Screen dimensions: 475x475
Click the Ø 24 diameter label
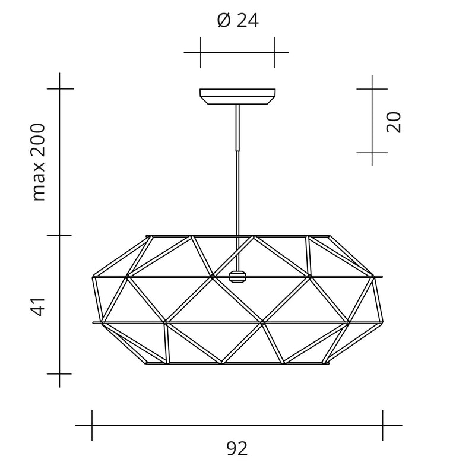click(238, 21)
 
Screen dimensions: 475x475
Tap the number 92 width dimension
click(237, 449)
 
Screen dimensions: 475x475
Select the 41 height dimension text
click(39, 307)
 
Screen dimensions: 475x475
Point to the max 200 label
click(39, 162)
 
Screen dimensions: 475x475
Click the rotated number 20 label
click(394, 122)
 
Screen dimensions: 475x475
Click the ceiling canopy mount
click(237, 96)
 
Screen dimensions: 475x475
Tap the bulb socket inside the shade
click(237, 277)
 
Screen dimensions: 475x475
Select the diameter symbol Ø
click(224, 21)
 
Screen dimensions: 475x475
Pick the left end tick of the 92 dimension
click(92, 425)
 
